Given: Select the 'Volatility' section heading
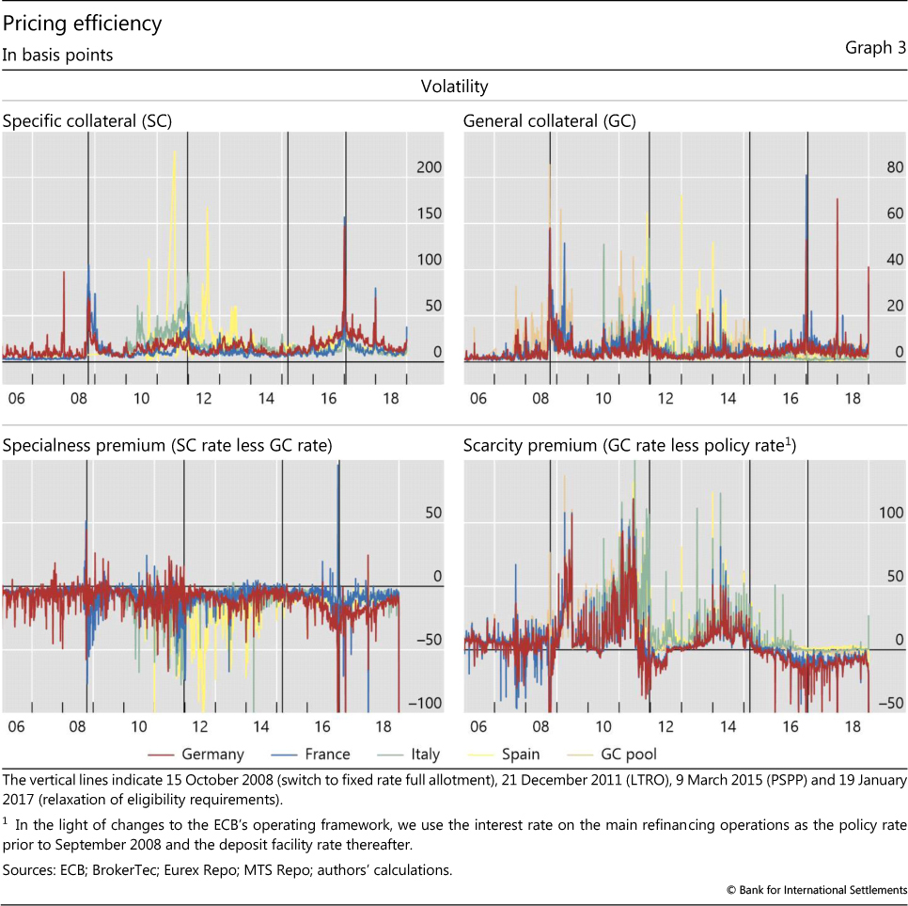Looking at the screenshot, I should [454, 87].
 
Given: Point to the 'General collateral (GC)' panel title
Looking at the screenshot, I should [549, 120].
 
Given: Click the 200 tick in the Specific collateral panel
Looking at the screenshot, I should [429, 167].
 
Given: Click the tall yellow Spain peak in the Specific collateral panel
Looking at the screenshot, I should [174, 155].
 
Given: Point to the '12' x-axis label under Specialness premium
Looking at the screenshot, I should [201, 727].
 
